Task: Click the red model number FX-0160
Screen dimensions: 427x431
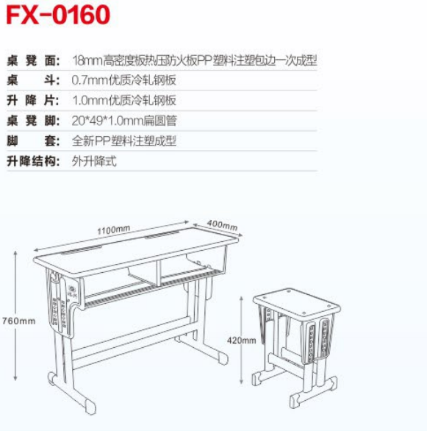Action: coord(58,15)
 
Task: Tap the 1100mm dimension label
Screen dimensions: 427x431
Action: coord(113,229)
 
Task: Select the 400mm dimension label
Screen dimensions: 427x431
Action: coord(222,224)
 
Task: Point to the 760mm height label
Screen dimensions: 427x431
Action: coord(18,321)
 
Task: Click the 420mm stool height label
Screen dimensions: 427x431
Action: coord(241,341)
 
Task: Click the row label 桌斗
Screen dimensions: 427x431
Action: coord(33,80)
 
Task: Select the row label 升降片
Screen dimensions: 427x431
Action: coord(33,101)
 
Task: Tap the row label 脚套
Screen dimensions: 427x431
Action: coord(33,141)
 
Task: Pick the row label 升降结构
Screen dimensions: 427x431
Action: coord(33,161)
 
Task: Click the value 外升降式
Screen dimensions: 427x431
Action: coord(94,161)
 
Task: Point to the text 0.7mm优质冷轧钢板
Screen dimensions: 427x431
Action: coord(124,80)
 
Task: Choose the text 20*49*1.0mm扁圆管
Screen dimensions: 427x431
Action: coord(124,121)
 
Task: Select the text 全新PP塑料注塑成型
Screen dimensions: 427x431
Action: coord(124,141)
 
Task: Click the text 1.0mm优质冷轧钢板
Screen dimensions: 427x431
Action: coord(124,101)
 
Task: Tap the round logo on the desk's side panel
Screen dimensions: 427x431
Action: coord(72,289)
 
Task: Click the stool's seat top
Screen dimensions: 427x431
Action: coord(297,302)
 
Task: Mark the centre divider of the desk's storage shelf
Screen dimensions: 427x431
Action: coord(158,273)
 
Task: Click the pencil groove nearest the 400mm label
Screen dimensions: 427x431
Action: coord(162,235)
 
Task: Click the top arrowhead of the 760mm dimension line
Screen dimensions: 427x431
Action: coord(15,253)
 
